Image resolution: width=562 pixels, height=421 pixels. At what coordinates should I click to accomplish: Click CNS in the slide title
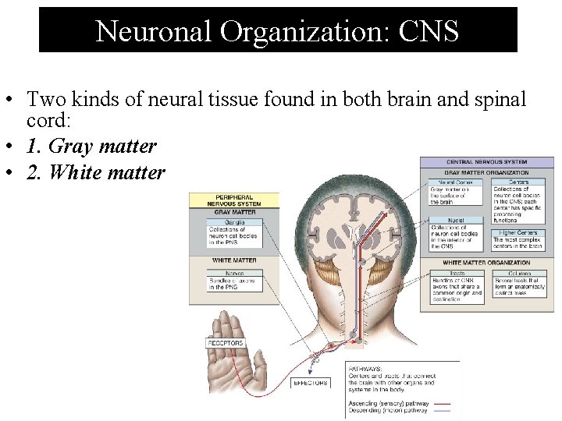(x=429, y=30)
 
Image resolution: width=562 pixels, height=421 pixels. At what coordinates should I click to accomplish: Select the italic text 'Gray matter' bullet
(x=91, y=146)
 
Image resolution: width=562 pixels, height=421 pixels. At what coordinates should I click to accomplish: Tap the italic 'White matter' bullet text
(x=95, y=172)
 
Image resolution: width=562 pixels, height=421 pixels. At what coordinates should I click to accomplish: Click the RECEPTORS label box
(x=226, y=343)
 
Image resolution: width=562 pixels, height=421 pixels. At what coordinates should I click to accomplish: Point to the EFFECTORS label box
(x=311, y=383)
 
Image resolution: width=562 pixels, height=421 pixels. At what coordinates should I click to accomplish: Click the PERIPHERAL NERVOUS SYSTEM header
(x=234, y=200)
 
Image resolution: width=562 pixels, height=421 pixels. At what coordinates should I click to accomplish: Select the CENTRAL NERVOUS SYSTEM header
(x=487, y=162)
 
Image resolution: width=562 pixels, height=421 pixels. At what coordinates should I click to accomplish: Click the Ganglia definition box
(x=235, y=232)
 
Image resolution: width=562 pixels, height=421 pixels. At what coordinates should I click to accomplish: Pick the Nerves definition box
(x=235, y=281)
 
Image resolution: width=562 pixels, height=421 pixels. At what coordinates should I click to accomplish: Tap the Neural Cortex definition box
(x=451, y=192)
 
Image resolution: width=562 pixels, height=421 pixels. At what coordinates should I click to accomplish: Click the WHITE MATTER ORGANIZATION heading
(x=486, y=263)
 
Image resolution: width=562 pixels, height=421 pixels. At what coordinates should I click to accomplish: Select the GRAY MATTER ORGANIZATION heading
(x=486, y=172)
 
